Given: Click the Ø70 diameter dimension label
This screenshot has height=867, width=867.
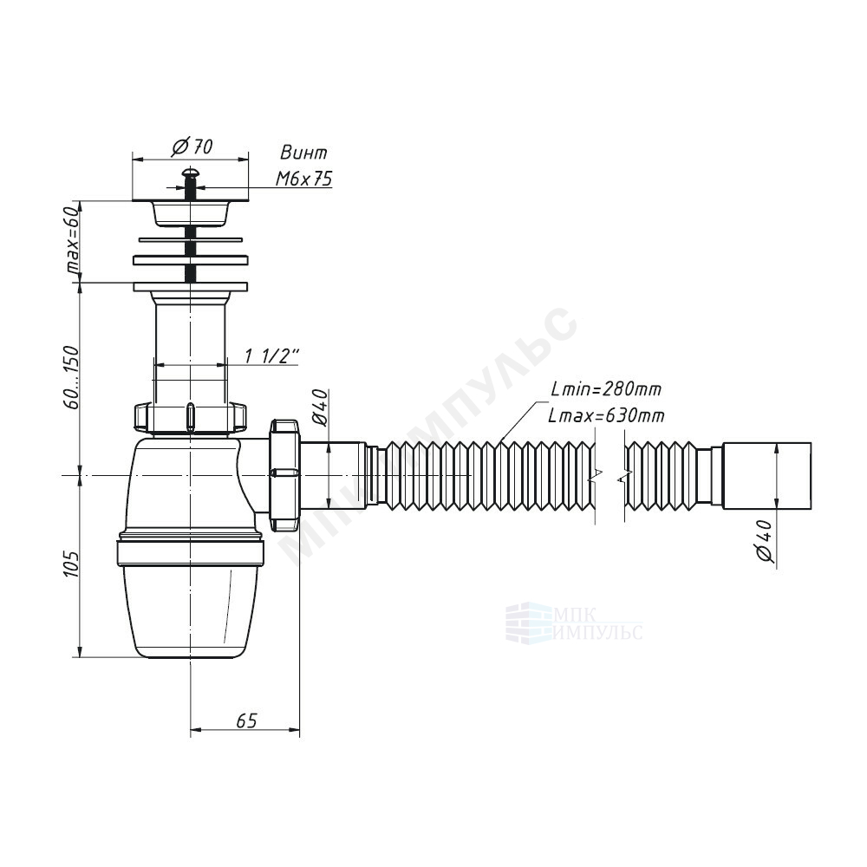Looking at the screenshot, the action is (x=192, y=147).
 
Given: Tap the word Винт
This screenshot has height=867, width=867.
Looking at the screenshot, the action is (x=303, y=152).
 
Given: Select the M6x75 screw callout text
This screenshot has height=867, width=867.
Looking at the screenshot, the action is (x=303, y=178).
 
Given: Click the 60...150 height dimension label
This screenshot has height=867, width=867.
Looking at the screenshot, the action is (x=71, y=378).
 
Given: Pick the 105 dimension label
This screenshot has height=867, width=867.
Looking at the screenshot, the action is (x=71, y=564).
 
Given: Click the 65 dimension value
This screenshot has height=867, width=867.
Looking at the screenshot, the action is (x=246, y=720).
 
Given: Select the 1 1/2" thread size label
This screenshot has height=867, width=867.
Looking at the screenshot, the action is (x=272, y=356).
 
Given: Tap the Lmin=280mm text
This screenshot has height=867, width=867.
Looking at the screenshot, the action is (x=607, y=388).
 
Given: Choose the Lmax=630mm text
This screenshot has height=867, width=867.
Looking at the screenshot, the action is (x=607, y=414).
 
